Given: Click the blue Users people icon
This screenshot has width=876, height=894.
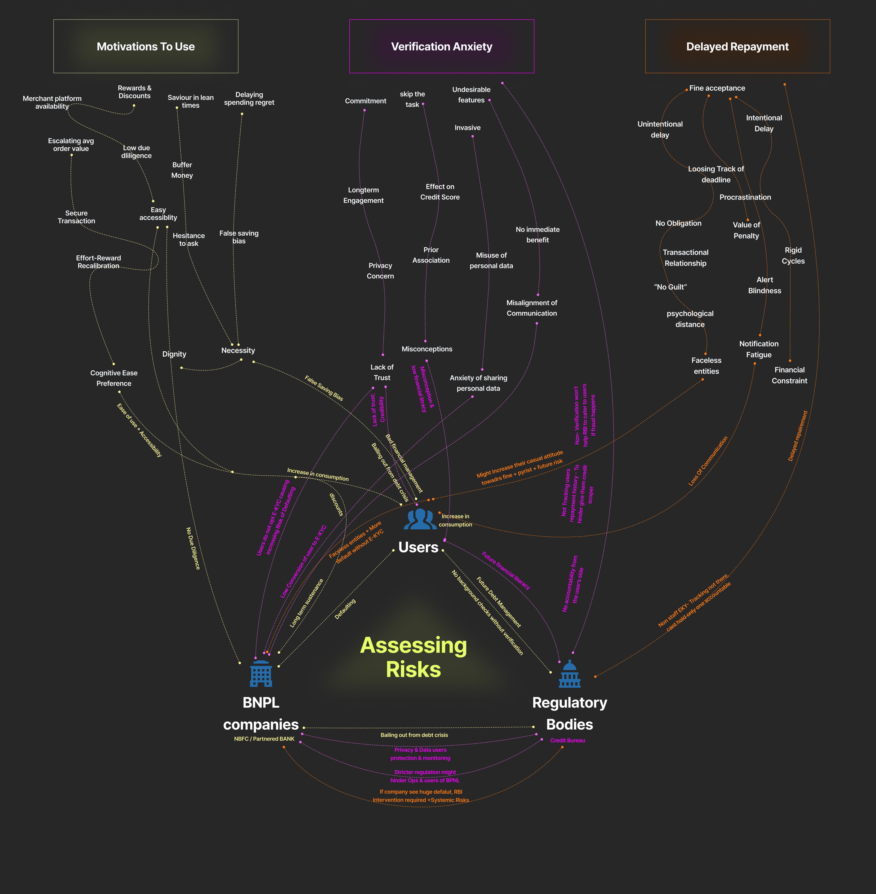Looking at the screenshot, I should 420,519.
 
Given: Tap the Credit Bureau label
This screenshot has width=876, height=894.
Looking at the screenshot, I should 567,740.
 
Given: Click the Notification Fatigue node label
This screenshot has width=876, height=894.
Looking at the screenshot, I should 759,349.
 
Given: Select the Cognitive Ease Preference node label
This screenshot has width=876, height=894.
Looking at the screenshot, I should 114,378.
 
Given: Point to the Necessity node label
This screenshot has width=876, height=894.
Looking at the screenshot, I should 238,350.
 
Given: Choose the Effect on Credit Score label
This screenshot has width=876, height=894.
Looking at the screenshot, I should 440,192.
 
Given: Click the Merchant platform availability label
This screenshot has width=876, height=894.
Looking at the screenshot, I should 52,102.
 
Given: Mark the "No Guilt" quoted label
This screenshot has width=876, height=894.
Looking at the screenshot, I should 670,287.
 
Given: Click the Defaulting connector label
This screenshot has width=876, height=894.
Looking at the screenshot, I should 345,609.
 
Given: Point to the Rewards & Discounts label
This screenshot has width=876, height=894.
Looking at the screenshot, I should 134,92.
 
